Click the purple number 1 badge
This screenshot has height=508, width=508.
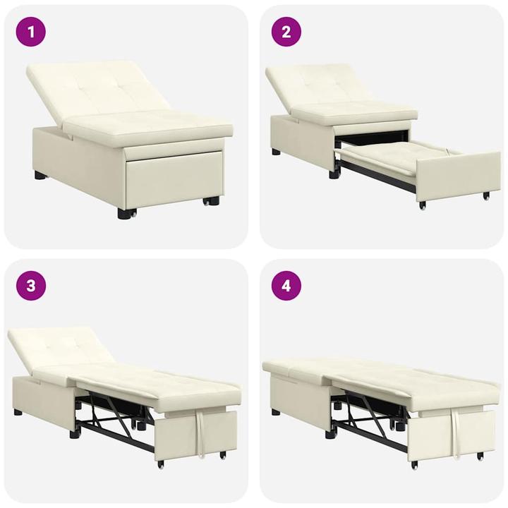click(x=31, y=32)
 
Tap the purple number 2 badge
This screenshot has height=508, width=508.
click(x=286, y=32)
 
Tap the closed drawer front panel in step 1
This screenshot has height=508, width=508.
click(x=173, y=180)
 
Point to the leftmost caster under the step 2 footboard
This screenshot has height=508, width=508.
click(x=423, y=205)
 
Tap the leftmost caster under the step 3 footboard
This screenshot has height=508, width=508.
click(x=161, y=464)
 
